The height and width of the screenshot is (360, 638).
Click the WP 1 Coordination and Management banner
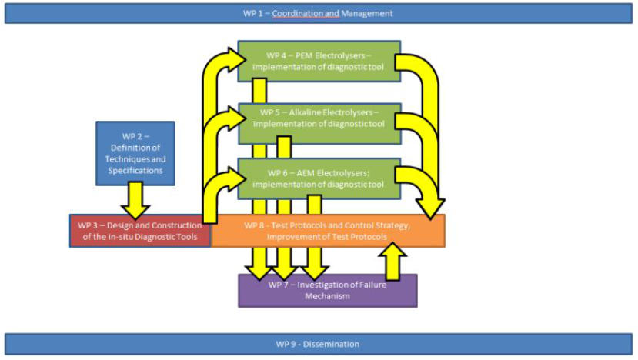click(319, 13)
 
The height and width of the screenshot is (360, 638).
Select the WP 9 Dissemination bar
click(319, 344)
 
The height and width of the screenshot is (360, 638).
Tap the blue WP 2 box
click(135, 153)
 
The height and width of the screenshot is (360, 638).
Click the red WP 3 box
click(140, 231)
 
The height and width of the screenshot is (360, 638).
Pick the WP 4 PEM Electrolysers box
click(319, 61)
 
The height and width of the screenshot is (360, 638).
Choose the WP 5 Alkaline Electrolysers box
click(319, 122)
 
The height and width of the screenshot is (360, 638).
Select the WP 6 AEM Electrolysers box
click(319, 178)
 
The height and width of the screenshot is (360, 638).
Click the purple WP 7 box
click(327, 291)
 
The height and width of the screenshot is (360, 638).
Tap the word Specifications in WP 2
click(135, 170)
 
